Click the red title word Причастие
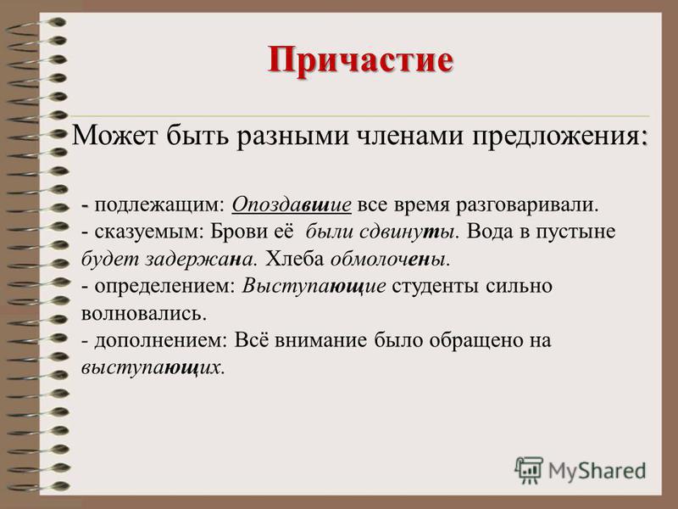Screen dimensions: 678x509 [361, 59]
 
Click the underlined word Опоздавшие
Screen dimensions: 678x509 [292, 204]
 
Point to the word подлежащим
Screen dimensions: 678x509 [158, 205]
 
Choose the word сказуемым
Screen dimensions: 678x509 [146, 232]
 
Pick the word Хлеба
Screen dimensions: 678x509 [294, 259]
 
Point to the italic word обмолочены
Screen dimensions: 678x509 [387, 259]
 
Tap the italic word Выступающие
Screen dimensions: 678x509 [314, 287]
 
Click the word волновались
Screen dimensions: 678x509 [142, 314]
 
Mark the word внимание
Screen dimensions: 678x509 [321, 341]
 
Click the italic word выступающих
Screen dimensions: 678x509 [151, 368]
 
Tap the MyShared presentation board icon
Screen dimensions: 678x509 [528, 470]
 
